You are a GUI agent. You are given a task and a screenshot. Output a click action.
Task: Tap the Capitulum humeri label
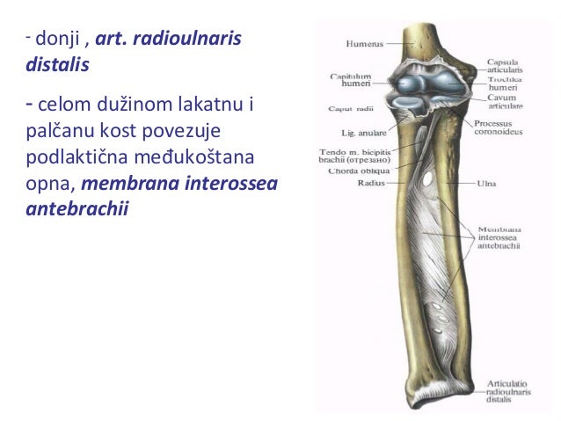(349, 81)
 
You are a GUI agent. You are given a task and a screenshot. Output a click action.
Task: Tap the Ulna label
(485, 185)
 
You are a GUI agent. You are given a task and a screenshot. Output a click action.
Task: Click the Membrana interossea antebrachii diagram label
(499, 236)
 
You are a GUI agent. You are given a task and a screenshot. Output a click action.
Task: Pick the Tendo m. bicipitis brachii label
(341, 156)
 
